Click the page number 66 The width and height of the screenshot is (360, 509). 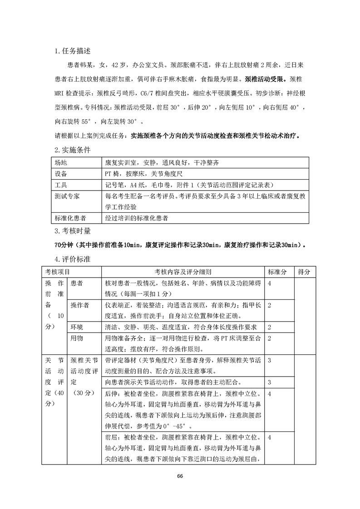click(180, 476)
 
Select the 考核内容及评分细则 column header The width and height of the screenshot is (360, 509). click(182, 271)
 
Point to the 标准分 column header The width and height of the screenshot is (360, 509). click(277, 271)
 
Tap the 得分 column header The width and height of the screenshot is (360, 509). click(304, 271)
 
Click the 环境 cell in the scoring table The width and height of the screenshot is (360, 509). click(76, 327)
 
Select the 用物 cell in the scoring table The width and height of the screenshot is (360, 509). click(76, 338)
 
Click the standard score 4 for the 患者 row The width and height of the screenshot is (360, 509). click(270, 283)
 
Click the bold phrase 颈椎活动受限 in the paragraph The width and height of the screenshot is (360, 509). click(264, 78)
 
